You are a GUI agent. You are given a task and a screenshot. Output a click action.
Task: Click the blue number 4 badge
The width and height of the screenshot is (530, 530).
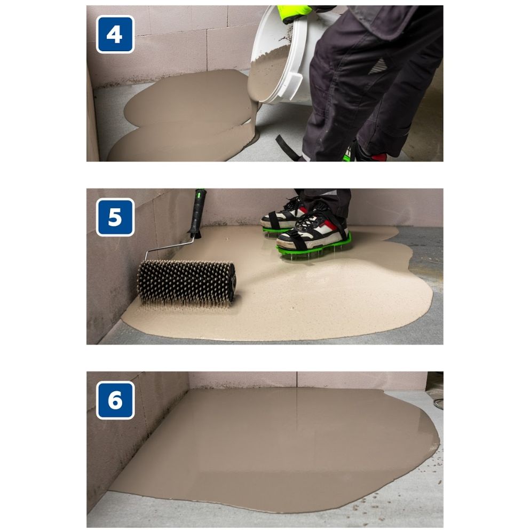click(115, 34)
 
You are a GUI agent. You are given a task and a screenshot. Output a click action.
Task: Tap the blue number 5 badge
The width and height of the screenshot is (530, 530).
click(115, 217)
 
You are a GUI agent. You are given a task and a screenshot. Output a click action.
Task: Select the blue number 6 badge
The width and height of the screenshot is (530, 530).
click(115, 400)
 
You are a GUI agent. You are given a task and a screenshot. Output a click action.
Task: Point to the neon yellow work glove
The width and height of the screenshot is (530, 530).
click(294, 12)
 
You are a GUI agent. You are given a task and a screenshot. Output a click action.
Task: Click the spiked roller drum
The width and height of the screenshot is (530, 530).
click(186, 282)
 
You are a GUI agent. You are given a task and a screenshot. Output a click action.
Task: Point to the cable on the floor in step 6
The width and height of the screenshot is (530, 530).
click(437, 402)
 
